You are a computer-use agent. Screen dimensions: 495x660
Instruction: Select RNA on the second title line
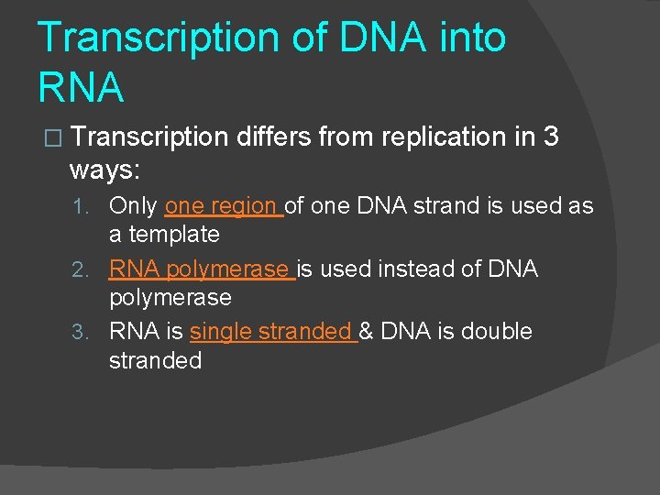click(x=81, y=87)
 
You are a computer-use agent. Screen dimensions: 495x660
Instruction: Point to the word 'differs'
click(x=272, y=137)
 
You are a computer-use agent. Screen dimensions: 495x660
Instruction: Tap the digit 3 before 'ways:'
click(x=550, y=137)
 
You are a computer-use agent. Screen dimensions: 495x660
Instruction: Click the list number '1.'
click(x=84, y=207)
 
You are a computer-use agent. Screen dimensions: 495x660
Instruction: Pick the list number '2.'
click(x=84, y=270)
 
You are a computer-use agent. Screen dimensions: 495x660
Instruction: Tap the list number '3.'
click(x=84, y=333)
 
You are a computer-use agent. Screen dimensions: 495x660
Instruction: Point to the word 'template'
click(x=174, y=235)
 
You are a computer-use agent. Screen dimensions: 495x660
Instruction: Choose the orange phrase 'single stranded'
click(x=270, y=332)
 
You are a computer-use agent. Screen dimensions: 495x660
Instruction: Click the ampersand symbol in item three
click(x=366, y=332)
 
